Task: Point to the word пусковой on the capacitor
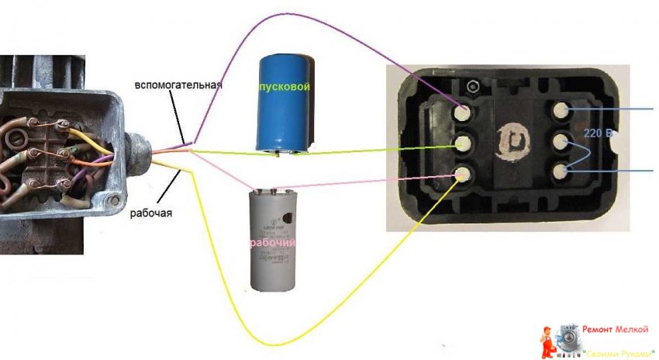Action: click(285, 88)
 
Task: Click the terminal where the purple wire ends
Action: click(464, 113)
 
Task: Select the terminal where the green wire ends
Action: click(464, 144)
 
